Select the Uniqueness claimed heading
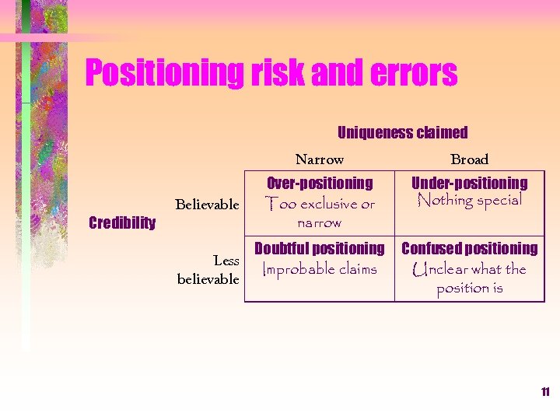tap(402, 133)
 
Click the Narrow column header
tap(319, 160)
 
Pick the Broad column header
tap(469, 160)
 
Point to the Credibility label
tap(122, 223)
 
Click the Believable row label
tap(207, 205)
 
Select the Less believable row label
tap(208, 270)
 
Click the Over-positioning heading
tap(320, 184)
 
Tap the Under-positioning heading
tap(469, 184)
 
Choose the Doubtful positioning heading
tap(320, 249)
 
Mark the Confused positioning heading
tap(469, 249)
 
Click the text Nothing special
tap(469, 201)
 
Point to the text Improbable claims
tap(320, 270)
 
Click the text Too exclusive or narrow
tap(320, 213)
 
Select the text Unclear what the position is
tap(469, 278)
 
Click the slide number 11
tap(545, 392)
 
